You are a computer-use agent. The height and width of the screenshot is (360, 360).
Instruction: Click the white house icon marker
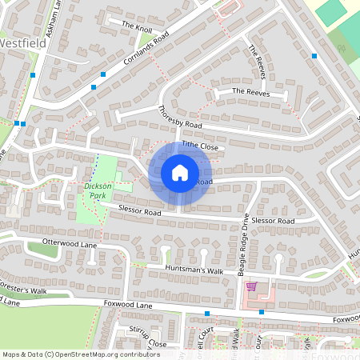180,173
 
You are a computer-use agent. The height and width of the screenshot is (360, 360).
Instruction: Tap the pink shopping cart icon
251,286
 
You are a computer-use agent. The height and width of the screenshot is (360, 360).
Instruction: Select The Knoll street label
137,26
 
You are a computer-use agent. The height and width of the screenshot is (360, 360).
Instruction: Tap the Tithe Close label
199,146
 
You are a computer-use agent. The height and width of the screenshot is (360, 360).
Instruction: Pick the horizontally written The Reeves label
250,93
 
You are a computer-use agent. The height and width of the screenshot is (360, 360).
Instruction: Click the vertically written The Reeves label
257,62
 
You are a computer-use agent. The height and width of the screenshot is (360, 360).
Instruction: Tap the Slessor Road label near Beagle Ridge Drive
273,220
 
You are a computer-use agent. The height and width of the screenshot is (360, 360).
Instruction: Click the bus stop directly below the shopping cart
262,312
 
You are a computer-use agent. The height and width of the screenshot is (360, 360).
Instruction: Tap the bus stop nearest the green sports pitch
314,56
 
